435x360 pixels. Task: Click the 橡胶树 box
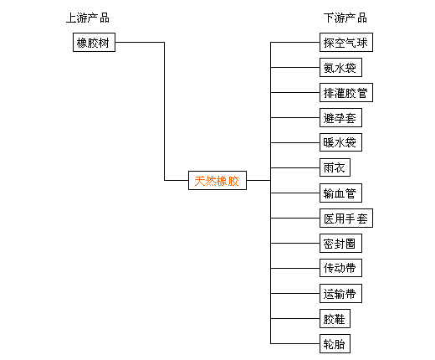click(x=94, y=42)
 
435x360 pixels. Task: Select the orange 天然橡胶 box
click(x=217, y=180)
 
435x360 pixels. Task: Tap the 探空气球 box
click(x=346, y=42)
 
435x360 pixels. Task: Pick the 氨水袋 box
click(x=340, y=67)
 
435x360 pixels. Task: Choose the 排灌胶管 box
click(x=346, y=92)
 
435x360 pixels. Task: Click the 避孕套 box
click(x=340, y=117)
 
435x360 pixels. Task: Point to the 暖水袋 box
click(x=340, y=142)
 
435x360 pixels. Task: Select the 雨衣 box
click(x=335, y=167)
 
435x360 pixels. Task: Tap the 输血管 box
click(x=340, y=193)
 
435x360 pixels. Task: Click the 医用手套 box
click(x=346, y=218)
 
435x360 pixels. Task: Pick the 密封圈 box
click(x=340, y=243)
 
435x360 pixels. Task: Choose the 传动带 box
click(x=340, y=268)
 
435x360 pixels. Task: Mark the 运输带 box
click(x=340, y=293)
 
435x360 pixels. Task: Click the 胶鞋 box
click(x=335, y=318)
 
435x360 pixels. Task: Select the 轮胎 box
click(x=335, y=343)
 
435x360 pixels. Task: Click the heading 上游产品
click(x=88, y=18)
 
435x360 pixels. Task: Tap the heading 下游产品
click(x=345, y=18)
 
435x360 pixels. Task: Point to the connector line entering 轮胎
click(x=295, y=343)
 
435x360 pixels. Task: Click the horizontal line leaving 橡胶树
click(x=140, y=42)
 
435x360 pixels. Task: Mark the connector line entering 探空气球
click(x=295, y=42)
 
